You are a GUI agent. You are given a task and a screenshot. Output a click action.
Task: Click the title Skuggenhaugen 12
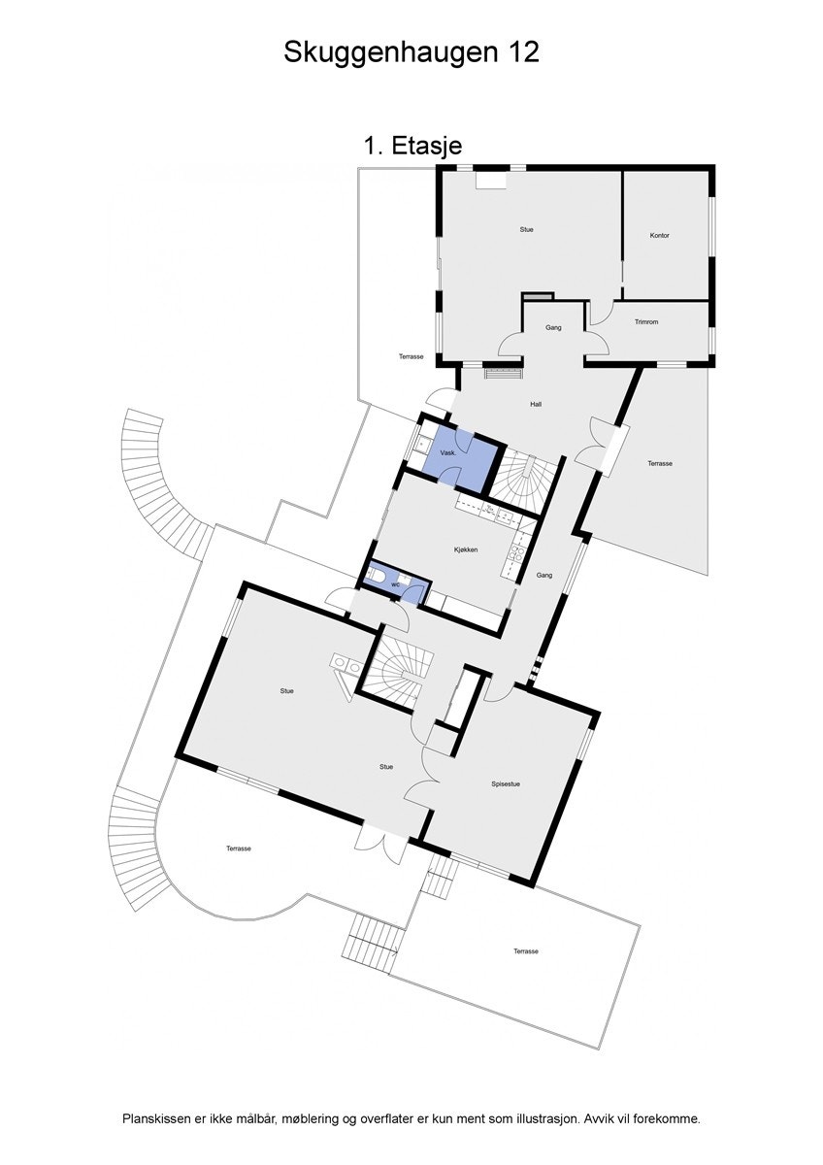click(x=411, y=51)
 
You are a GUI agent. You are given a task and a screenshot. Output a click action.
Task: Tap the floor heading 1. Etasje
click(x=411, y=146)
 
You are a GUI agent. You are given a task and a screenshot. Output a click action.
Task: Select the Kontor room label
click(x=660, y=236)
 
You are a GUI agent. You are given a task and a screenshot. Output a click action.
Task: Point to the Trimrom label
click(x=646, y=321)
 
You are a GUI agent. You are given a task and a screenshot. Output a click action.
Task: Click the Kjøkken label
click(x=466, y=549)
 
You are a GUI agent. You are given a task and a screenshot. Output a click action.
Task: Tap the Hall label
click(x=536, y=404)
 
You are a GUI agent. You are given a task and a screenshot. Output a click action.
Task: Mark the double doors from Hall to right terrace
click(x=599, y=447)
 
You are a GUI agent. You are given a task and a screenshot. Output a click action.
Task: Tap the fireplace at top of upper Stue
click(x=490, y=180)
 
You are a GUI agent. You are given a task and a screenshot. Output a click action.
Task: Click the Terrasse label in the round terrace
click(x=239, y=849)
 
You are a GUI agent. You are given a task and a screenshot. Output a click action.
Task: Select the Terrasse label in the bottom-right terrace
click(x=526, y=951)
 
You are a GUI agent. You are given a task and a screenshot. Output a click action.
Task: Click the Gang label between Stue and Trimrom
click(x=553, y=328)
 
